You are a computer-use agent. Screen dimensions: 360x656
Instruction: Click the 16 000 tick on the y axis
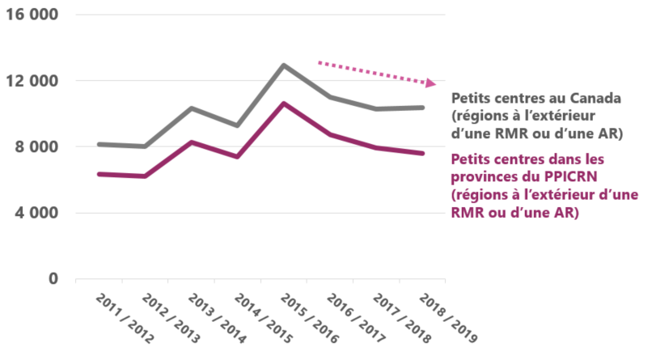click(x=35, y=15)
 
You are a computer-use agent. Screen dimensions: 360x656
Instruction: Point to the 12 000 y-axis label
click(x=35, y=81)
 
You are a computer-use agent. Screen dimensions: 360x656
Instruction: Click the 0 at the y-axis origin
click(x=53, y=278)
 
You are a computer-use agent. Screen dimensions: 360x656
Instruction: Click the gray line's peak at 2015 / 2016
click(x=284, y=65)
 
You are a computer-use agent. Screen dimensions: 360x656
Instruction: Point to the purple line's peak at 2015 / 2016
click(x=284, y=104)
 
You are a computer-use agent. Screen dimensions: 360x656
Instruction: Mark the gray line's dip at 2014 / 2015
click(x=237, y=125)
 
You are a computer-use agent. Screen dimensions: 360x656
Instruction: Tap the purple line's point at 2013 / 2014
click(x=191, y=142)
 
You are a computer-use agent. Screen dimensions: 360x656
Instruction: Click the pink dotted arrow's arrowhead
click(x=433, y=83)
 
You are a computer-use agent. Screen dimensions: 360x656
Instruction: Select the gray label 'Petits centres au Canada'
click(x=535, y=99)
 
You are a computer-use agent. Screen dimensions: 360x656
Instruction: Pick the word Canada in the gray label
click(x=595, y=99)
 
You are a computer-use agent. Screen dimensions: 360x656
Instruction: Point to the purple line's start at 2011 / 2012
click(x=98, y=174)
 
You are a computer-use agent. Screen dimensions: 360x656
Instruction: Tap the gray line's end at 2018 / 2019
click(x=422, y=108)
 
